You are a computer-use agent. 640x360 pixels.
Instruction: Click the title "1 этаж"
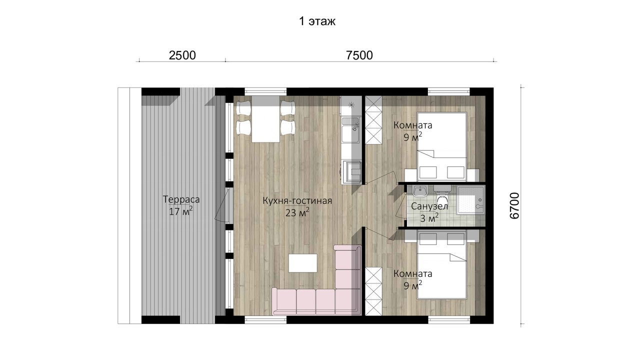click(x=317, y=21)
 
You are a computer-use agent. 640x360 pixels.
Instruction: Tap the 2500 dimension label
click(x=182, y=55)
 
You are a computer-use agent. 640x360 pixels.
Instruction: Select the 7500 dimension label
click(x=359, y=55)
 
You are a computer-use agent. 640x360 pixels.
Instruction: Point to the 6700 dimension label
click(x=514, y=205)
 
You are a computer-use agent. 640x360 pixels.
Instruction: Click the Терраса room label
click(x=181, y=199)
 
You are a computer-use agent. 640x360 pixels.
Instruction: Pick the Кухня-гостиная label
click(x=297, y=201)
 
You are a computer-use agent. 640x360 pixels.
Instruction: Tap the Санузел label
click(x=429, y=206)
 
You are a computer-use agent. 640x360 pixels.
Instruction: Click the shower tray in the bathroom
click(x=470, y=199)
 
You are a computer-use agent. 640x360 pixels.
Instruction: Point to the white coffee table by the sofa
click(x=302, y=263)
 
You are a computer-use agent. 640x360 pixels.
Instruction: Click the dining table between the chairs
click(x=265, y=119)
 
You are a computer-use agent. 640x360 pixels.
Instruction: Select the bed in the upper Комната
click(x=442, y=147)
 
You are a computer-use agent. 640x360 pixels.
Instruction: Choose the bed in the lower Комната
click(x=442, y=264)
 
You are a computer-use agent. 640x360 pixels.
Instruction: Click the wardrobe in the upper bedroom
click(x=373, y=120)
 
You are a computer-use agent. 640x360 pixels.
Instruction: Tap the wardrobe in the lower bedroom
click(x=373, y=291)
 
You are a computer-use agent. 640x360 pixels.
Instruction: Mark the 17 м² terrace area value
click(x=181, y=211)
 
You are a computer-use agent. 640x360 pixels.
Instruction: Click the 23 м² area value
click(x=297, y=212)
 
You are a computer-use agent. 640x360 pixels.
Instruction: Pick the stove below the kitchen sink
click(x=351, y=171)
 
